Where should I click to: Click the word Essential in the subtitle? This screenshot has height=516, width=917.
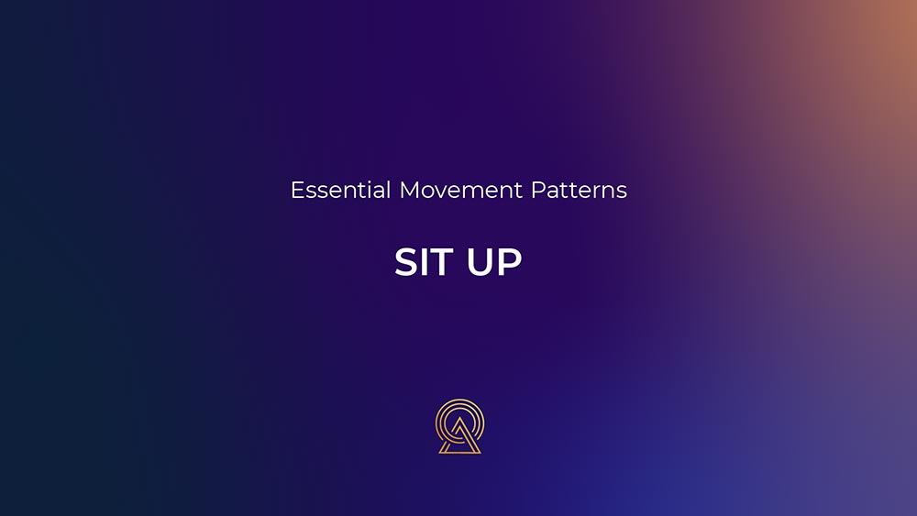(340, 190)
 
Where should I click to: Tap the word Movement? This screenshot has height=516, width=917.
(461, 190)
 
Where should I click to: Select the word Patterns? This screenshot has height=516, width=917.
(579, 190)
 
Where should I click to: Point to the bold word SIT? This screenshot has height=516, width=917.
(425, 261)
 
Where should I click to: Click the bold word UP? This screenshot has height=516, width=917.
(494, 261)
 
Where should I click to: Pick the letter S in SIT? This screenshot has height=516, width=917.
(406, 261)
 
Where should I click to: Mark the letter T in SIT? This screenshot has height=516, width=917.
(445, 261)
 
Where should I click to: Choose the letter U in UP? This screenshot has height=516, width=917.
(480, 262)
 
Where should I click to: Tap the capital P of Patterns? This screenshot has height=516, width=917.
(537, 190)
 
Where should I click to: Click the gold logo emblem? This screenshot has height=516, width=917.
(459, 426)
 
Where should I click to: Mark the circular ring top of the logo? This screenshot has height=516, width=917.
(459, 402)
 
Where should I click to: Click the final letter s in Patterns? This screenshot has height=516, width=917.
(623, 192)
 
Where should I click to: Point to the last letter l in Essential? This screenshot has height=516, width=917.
(388, 190)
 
